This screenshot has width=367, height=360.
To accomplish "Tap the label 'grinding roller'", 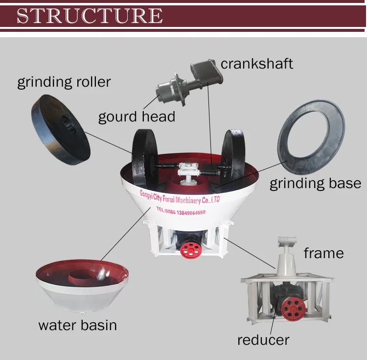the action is [x=64, y=81].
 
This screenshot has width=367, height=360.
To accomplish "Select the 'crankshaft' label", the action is [x=256, y=63].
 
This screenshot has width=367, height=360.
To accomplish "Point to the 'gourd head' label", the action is [x=137, y=117].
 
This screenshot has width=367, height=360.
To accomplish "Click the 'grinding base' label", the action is [x=315, y=184].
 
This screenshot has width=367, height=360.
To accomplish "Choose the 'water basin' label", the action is [x=77, y=325].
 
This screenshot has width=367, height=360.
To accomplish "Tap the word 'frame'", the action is [x=323, y=253].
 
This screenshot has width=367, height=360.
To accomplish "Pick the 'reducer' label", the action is [x=263, y=339].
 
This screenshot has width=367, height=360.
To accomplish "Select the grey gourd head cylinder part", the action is [x=169, y=91].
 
